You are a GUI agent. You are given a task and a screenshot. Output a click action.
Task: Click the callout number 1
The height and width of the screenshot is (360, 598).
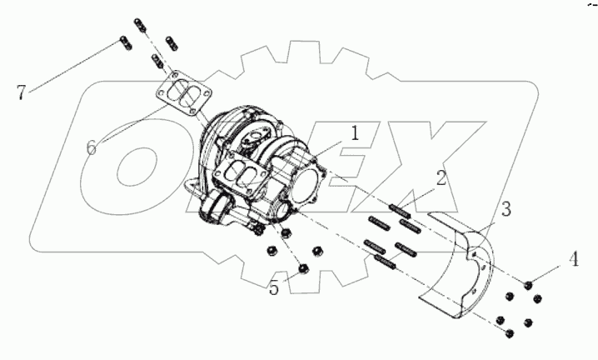coord(354,132)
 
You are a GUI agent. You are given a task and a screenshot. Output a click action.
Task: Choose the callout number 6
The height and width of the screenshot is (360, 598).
coord(92,146)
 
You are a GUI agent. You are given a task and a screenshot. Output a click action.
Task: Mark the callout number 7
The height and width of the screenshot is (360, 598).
coord(22,91)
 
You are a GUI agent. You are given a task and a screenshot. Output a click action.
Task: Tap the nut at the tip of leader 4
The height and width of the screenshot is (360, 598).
coord(529,287)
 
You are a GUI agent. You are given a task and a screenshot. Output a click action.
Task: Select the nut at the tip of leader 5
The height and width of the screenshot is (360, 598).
coord(303,268)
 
